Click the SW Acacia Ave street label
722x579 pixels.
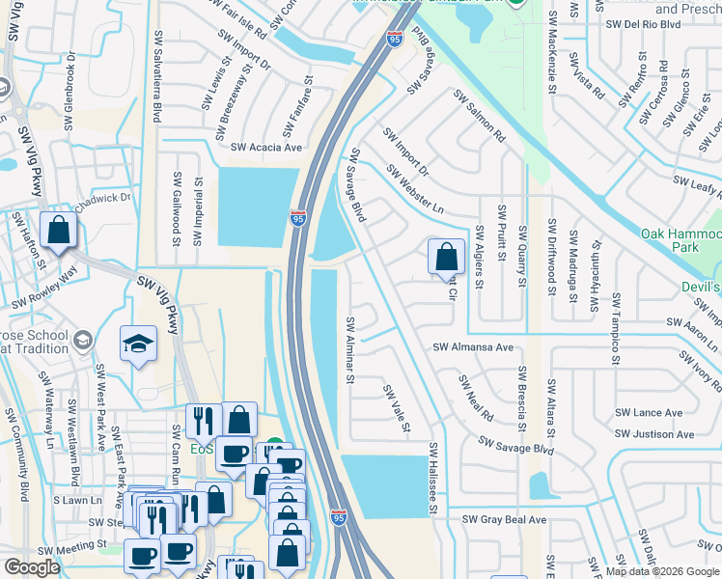click(267, 148)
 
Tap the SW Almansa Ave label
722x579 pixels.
click(473, 346)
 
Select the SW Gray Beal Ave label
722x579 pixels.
click(504, 519)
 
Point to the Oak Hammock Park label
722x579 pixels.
click(680, 240)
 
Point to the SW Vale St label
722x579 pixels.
click(398, 408)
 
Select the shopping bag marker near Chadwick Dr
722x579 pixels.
click(58, 231)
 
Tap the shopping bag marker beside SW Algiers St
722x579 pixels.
click(445, 257)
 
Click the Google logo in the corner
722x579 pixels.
click(32, 567)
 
